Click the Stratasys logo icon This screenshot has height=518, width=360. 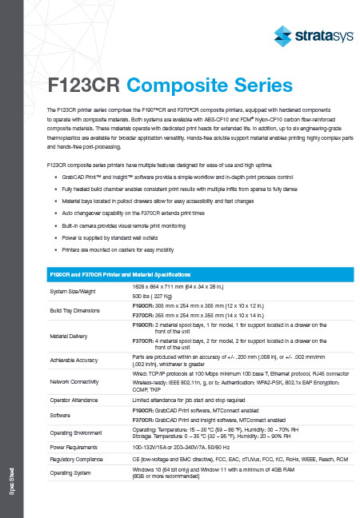pos(282,34)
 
